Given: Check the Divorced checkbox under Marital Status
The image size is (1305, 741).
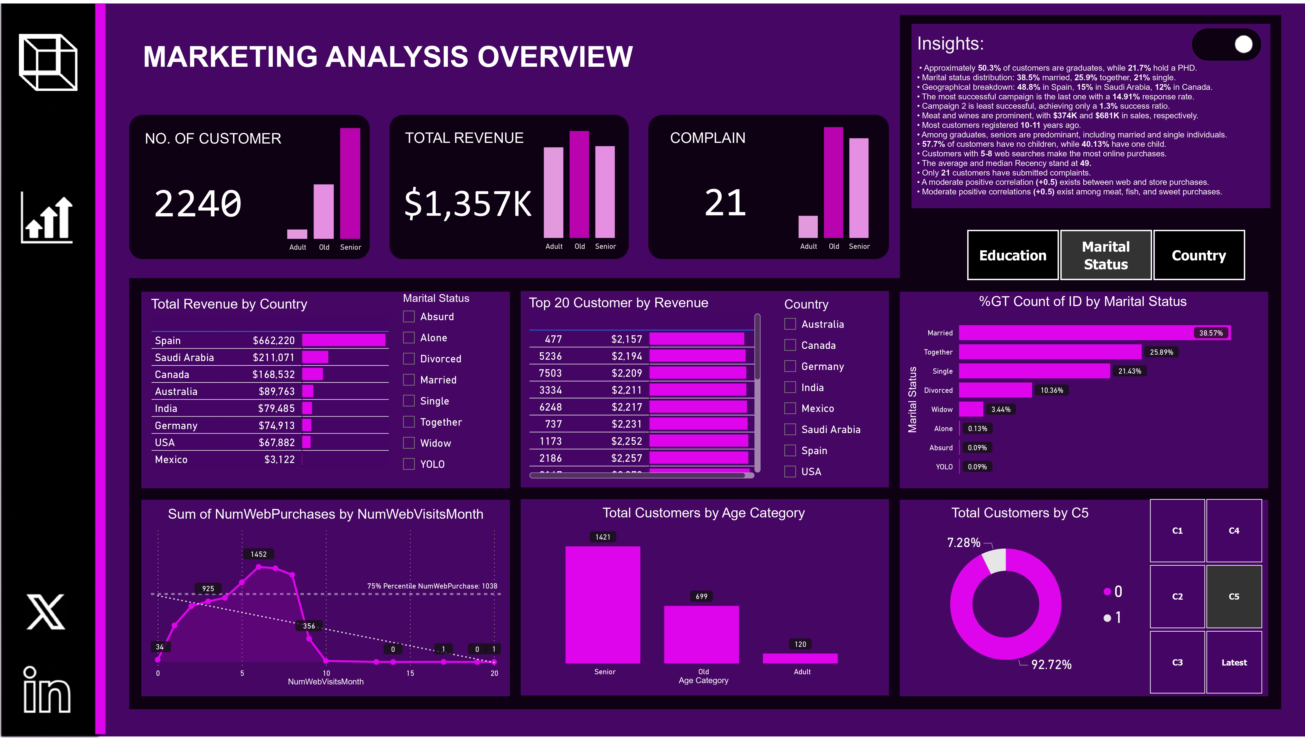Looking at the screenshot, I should coord(408,359).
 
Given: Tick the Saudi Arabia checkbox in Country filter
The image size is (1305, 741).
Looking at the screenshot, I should coord(790,430).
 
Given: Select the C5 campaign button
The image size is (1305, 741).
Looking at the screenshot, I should coord(1234,596).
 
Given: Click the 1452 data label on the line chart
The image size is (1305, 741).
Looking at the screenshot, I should coord(258,554).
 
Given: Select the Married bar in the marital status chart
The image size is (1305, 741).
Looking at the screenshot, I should coord(1094,333).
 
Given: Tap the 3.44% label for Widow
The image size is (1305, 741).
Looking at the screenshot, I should coord(1001,409).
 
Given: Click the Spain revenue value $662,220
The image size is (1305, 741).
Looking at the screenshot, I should coord(274,340).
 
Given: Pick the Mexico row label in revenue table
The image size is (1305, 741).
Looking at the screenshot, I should coord(171,460).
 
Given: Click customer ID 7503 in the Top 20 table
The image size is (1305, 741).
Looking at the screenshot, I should coord(550,373).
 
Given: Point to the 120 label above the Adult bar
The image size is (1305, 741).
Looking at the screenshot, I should coord(800,644).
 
